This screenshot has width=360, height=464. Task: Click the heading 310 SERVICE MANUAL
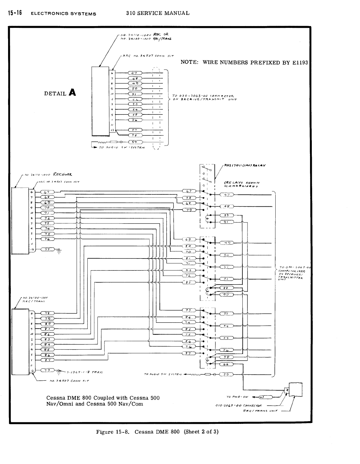pyautogui.click(x=158, y=13)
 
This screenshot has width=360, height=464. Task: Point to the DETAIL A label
pyautogui.click(x=60, y=93)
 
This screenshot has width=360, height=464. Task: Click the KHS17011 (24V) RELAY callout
pyautogui.click(x=245, y=165)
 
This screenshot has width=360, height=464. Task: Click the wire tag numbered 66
pyautogui.click(x=227, y=365)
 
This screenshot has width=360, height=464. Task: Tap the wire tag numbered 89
pyautogui.click(x=227, y=215)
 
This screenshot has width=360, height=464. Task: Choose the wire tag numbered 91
pyautogui.click(x=227, y=222)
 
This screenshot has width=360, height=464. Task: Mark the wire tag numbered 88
pyautogui.click(x=227, y=288)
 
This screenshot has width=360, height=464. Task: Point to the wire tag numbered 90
pyautogui.click(x=227, y=295)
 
